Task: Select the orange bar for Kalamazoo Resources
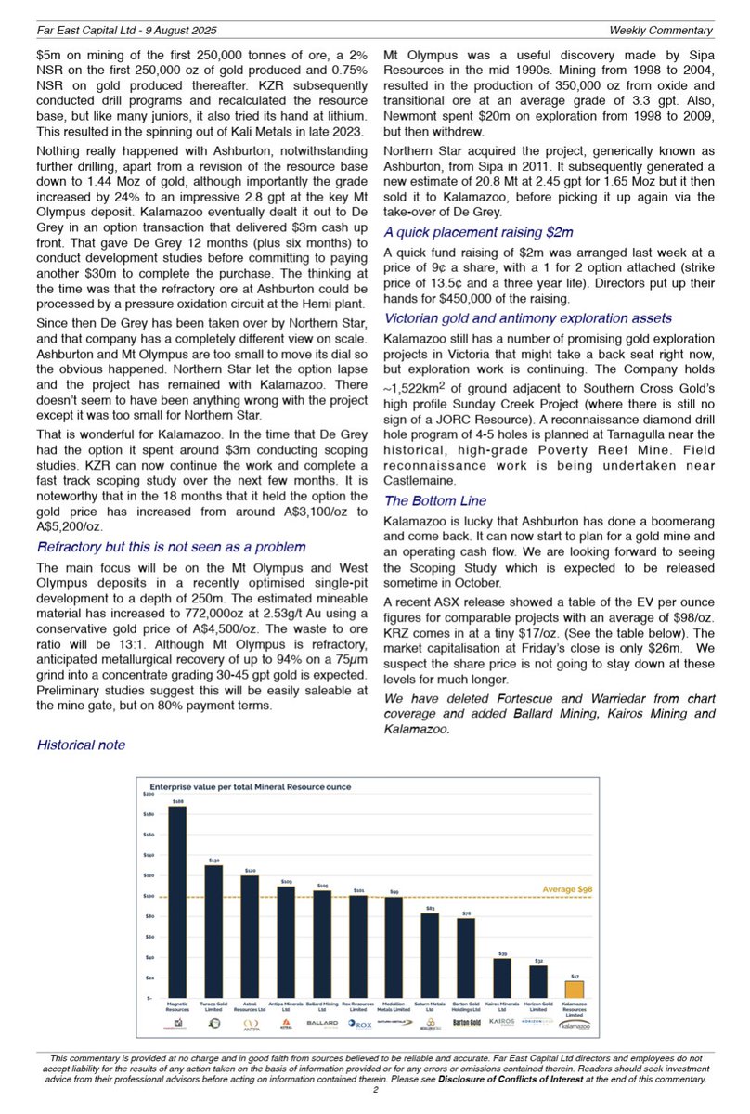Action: [575, 989]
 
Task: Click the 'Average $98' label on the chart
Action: [566, 888]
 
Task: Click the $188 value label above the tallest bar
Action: [177, 799]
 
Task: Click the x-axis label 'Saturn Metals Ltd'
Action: [430, 1005]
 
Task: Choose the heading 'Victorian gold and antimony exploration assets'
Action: [530, 318]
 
